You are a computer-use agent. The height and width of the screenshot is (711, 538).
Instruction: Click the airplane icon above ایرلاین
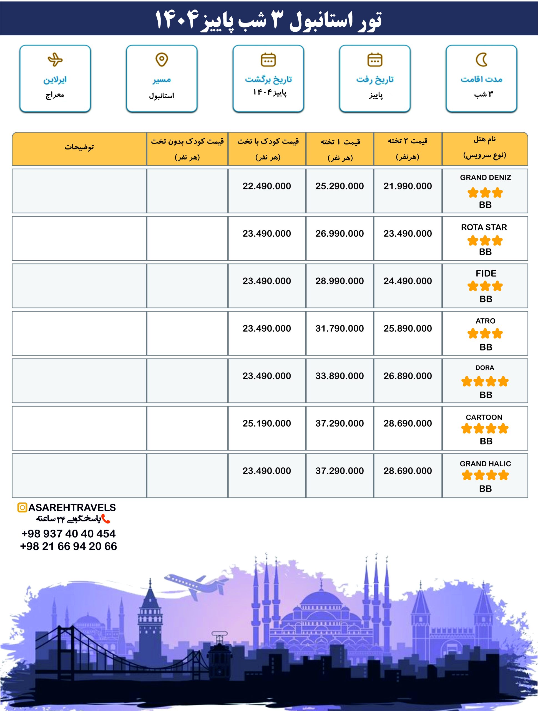click(x=55, y=59)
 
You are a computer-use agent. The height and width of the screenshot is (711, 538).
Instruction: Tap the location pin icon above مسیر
click(x=162, y=59)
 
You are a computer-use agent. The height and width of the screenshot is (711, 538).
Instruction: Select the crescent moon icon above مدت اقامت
click(x=481, y=59)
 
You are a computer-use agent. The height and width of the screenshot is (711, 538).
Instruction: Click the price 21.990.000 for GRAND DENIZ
click(x=408, y=186)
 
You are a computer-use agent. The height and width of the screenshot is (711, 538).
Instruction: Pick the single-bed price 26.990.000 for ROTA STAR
click(x=340, y=234)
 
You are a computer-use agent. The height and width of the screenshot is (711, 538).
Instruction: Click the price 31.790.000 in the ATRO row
click(x=340, y=329)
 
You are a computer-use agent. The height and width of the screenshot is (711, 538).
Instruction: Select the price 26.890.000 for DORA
click(x=408, y=376)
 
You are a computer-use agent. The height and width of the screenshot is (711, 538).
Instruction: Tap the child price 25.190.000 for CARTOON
click(x=267, y=423)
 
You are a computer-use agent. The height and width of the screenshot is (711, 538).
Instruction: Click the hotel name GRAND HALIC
click(x=485, y=464)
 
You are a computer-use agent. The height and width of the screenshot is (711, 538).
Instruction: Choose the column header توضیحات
click(x=79, y=147)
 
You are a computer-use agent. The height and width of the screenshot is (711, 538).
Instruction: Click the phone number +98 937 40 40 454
click(x=68, y=534)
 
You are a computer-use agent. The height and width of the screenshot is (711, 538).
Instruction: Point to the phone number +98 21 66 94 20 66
click(x=68, y=546)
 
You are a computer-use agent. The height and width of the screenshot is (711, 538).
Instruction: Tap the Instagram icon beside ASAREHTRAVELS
click(x=22, y=507)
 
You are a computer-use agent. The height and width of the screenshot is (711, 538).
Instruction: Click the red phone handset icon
click(x=106, y=519)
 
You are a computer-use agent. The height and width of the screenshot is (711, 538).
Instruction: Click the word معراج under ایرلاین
click(x=55, y=95)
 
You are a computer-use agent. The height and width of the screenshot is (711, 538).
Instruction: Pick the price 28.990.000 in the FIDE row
click(x=340, y=281)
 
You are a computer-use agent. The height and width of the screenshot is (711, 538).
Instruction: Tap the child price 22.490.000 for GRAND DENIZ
click(x=267, y=186)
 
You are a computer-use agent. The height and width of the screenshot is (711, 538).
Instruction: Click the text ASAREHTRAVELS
click(x=72, y=507)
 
